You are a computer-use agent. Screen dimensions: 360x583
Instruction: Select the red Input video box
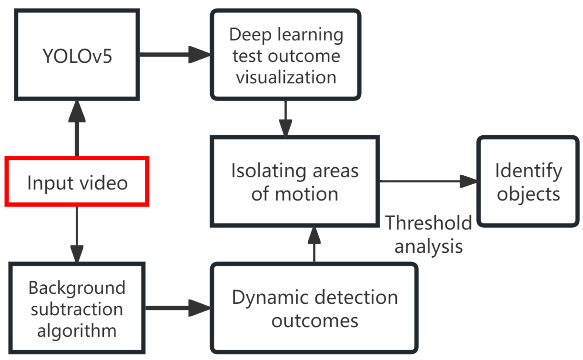click(x=77, y=182)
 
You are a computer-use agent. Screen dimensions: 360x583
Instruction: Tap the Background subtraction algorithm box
click(x=77, y=308)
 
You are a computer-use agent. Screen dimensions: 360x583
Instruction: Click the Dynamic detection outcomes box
click(x=314, y=308)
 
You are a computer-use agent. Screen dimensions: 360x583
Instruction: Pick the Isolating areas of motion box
click(x=294, y=182)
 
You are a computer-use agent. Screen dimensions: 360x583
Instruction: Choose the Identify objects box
click(x=528, y=182)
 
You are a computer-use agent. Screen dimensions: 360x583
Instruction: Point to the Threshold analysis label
click(x=428, y=235)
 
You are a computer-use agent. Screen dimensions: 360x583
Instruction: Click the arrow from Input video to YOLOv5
click(x=77, y=128)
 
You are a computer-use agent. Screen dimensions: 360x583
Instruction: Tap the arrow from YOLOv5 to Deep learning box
click(x=174, y=55)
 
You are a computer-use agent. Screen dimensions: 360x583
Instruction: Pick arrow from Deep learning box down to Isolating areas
click(x=285, y=118)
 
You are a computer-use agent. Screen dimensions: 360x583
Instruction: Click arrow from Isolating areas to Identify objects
click(x=428, y=181)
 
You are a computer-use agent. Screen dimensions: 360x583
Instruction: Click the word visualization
click(x=286, y=77)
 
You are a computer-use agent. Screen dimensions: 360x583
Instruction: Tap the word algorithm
click(x=77, y=330)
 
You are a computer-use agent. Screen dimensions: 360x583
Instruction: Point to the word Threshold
click(x=428, y=223)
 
